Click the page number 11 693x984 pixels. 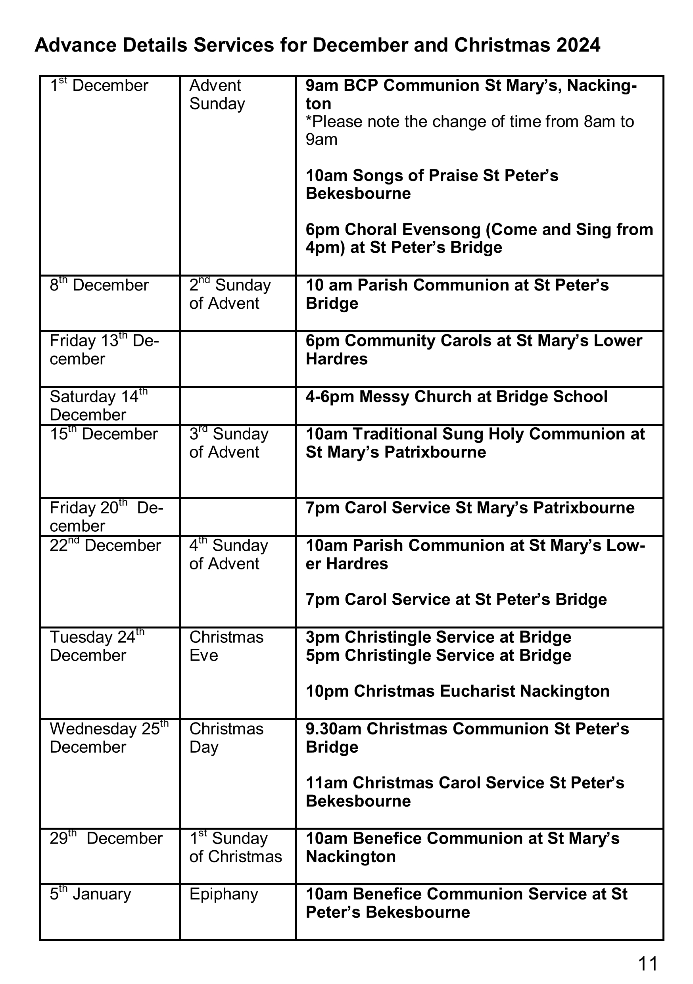click(647, 963)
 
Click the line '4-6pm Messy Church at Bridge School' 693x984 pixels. click(457, 397)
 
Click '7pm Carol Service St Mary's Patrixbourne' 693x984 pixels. click(470, 508)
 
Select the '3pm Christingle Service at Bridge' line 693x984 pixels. click(438, 637)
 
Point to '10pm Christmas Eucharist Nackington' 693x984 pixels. click(457, 691)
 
